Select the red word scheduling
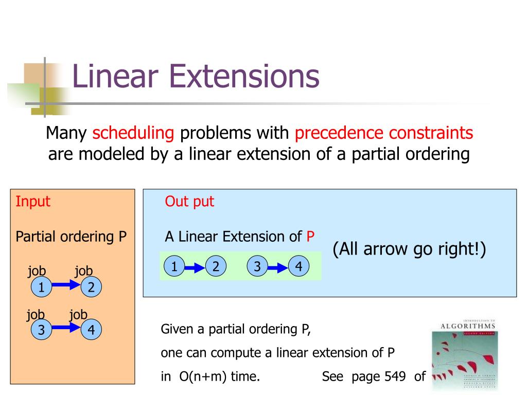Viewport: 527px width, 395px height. [x=133, y=133]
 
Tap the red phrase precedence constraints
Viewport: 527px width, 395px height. [x=383, y=133]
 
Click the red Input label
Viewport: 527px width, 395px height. [x=33, y=201]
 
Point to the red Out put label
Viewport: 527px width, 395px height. [x=189, y=202]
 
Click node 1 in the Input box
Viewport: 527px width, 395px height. [x=40, y=287]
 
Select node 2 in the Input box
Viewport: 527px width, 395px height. [x=91, y=287]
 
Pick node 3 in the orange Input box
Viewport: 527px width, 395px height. [x=40, y=330]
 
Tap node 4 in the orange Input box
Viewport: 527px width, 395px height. [x=91, y=330]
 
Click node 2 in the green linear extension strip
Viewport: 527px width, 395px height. [x=216, y=266]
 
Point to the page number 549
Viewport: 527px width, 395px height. [x=397, y=376]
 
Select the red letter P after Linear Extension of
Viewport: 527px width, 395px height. [x=310, y=237]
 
